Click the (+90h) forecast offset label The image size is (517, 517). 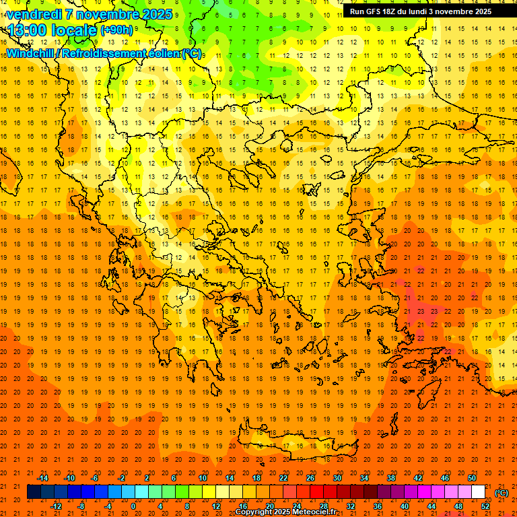[x=116, y=30]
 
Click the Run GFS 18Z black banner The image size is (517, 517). [x=420, y=11]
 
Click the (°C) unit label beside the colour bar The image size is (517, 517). [x=502, y=493]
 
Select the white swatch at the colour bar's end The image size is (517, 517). [x=478, y=492]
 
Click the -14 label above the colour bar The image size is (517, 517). [x=42, y=478]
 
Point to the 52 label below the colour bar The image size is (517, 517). [x=485, y=506]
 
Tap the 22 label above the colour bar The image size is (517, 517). [x=283, y=478]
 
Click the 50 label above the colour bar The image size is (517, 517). [x=472, y=478]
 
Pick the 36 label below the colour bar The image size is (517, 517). [x=378, y=506]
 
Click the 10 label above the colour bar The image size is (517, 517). [x=202, y=478]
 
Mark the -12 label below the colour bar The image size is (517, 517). [x=56, y=506]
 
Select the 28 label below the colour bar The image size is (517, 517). [x=324, y=506]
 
